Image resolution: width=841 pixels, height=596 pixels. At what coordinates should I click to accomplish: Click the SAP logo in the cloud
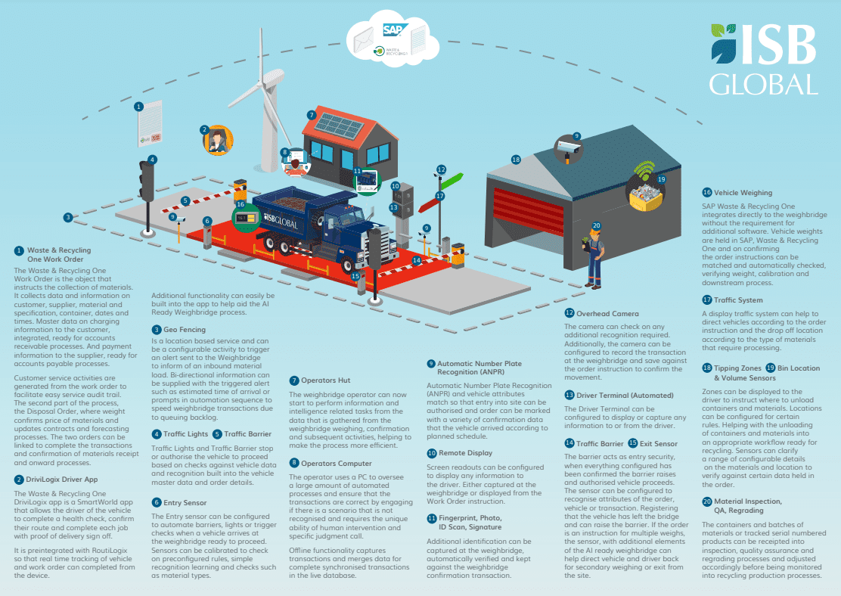[x=394, y=29]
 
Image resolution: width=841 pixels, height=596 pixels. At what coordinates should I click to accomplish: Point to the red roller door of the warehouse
[x=529, y=211]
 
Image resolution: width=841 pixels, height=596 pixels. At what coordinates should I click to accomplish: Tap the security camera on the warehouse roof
[x=568, y=148]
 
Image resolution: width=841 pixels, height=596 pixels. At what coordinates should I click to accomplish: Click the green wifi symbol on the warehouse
[x=644, y=171]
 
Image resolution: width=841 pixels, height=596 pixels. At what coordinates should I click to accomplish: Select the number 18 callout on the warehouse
[x=516, y=160]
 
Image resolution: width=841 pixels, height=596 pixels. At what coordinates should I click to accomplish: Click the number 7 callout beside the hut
[x=311, y=115]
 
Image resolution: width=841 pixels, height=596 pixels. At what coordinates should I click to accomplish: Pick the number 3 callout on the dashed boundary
[x=67, y=217]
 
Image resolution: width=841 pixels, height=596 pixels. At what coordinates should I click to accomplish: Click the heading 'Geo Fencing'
[x=185, y=329]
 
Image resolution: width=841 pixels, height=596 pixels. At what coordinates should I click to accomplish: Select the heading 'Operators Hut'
[x=325, y=380]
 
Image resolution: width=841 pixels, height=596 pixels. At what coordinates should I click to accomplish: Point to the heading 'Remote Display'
[x=465, y=453]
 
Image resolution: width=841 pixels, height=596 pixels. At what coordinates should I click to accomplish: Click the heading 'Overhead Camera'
[x=607, y=313]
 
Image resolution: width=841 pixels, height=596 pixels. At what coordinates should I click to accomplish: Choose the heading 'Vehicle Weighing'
[x=743, y=193]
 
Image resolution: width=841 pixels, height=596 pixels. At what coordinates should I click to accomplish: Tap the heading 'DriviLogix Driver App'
[x=62, y=480]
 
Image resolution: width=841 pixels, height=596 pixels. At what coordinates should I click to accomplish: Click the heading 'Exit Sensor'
[x=658, y=444]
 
